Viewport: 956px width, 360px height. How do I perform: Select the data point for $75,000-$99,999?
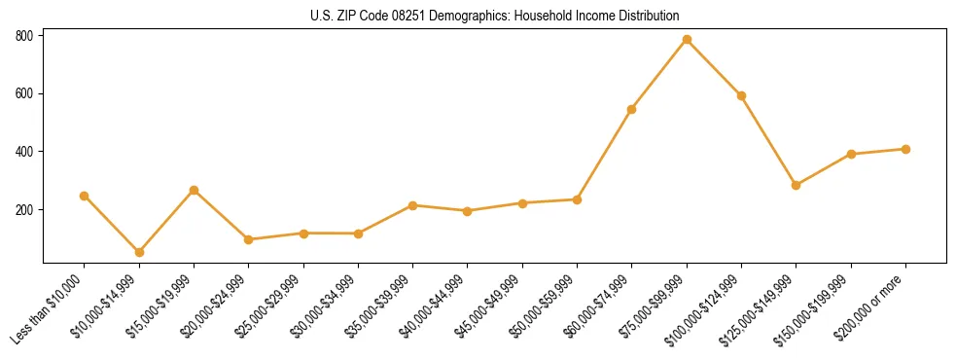[687, 40]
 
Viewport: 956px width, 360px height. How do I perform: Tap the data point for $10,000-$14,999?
[139, 252]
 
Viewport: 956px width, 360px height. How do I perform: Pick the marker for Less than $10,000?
[85, 196]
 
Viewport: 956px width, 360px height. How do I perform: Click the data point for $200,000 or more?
[905, 149]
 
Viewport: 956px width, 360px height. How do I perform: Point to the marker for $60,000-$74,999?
[632, 109]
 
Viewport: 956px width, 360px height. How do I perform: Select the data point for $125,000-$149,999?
[797, 185]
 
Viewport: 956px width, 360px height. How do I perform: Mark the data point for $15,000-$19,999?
[194, 190]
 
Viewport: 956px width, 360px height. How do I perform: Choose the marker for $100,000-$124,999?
[741, 95]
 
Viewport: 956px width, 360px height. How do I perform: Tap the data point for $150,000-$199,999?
[851, 154]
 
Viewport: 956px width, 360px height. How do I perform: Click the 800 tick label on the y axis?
[25, 36]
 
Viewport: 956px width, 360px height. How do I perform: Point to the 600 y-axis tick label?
[25, 94]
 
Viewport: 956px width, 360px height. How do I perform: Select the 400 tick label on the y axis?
[25, 152]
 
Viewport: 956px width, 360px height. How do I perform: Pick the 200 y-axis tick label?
[25, 210]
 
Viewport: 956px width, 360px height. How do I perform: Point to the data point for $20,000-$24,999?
[249, 239]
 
